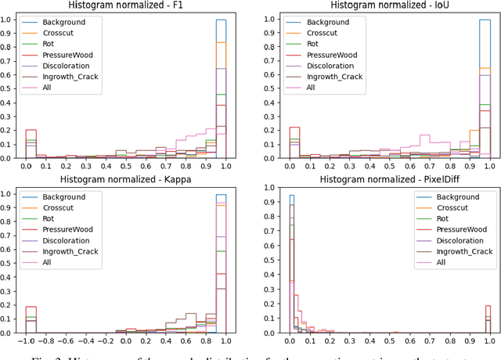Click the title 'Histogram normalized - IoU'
[x=383, y=6]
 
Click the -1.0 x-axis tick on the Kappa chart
[x=31, y=342]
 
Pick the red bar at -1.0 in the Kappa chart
[x=31, y=319]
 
